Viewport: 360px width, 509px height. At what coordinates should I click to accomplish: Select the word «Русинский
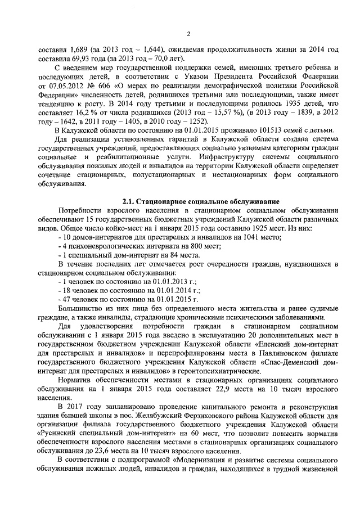click(58, 435)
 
